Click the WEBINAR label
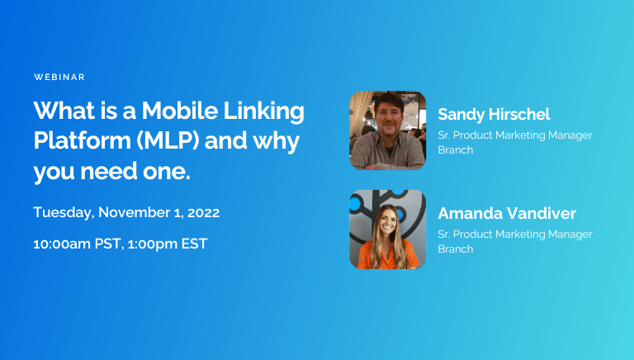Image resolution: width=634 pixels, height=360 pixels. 59,77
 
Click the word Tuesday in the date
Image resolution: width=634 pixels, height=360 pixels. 64,212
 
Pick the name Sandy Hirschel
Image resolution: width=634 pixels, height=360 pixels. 494,114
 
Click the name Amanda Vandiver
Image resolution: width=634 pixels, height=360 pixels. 507,213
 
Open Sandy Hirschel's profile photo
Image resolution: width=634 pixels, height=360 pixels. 388,130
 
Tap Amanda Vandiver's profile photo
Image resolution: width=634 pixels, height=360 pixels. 388,229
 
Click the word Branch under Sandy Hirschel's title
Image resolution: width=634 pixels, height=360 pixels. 455,149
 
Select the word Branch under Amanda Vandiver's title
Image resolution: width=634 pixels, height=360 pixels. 455,249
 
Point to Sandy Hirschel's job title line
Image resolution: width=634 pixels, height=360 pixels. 515,135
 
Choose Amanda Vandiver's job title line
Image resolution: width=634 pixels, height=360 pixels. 515,234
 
